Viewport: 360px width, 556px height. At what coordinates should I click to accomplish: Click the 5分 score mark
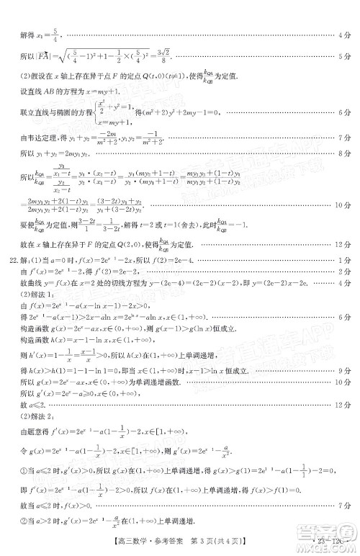(x=346, y=56)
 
